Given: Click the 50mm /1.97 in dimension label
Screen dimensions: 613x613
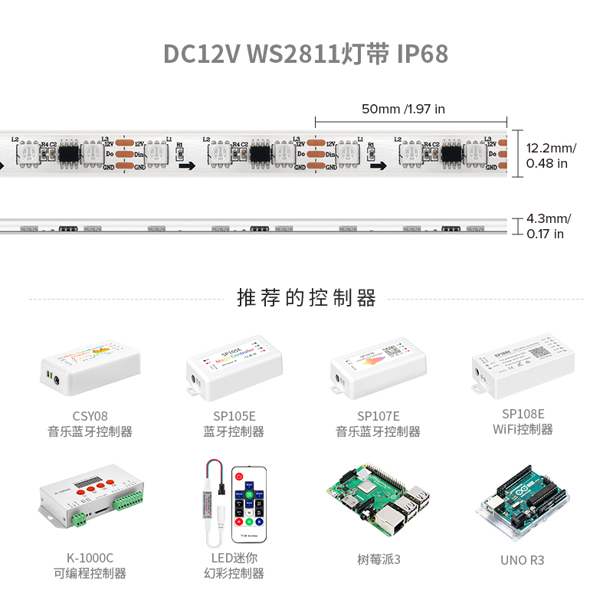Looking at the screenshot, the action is [x=403, y=109].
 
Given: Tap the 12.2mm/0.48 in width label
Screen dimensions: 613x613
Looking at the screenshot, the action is [x=551, y=156].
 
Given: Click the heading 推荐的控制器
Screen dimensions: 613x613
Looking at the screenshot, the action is [x=306, y=298].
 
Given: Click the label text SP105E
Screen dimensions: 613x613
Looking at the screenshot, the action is [x=234, y=416].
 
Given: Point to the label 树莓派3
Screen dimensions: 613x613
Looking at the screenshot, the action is [x=379, y=559].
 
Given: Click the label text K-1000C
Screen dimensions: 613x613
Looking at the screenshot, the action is [x=90, y=558].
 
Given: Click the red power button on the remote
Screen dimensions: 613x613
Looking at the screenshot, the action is [x=239, y=476].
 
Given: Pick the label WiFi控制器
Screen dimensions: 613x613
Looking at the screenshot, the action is [x=523, y=430].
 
